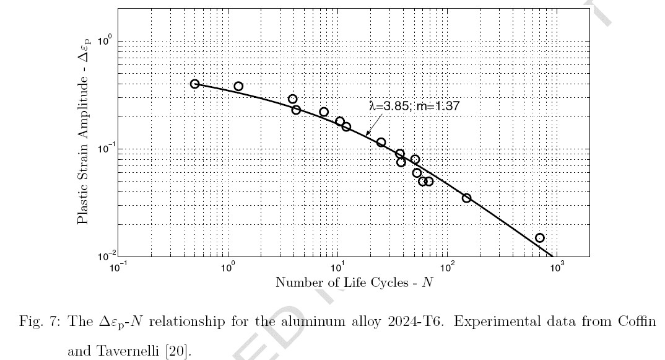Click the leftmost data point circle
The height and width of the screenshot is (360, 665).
point(195,84)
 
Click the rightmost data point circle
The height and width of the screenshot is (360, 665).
point(539,238)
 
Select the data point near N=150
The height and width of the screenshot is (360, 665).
point(466,198)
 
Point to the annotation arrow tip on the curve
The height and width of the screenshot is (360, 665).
point(366,134)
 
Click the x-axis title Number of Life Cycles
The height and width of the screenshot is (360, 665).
point(354,283)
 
